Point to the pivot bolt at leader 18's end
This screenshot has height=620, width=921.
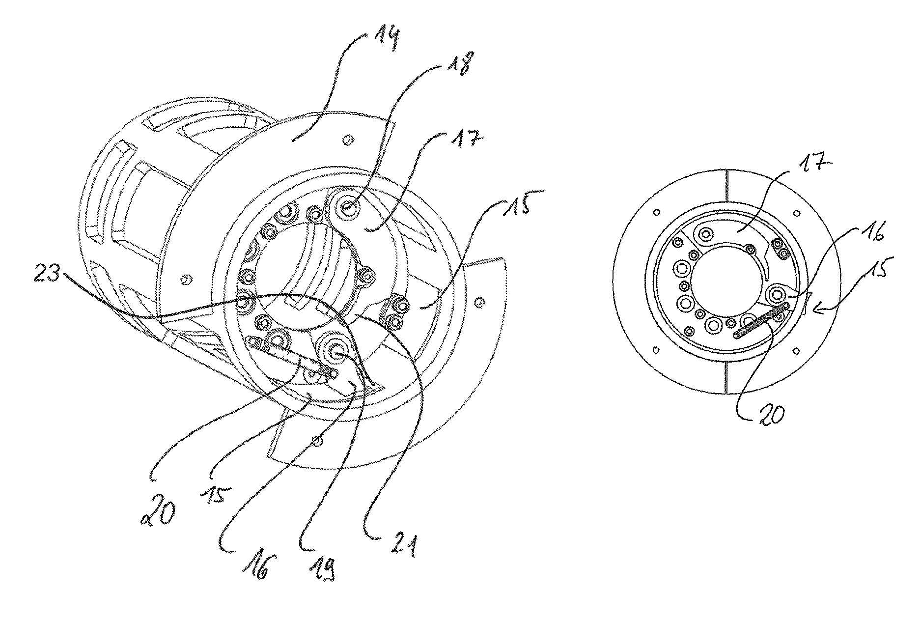tap(348, 209)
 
